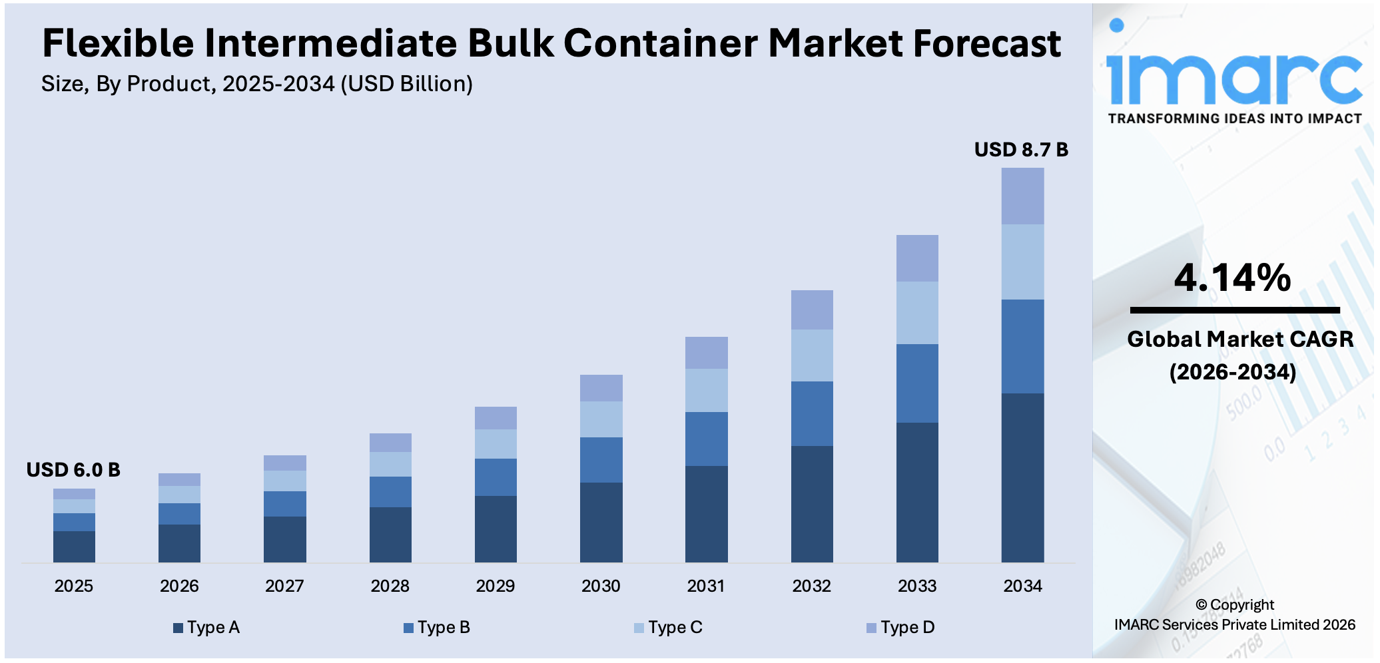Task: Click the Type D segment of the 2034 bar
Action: click(1022, 196)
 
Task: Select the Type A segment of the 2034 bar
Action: click(1022, 477)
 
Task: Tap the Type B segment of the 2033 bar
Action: click(917, 383)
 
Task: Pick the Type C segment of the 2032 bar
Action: click(812, 355)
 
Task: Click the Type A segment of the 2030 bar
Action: click(601, 522)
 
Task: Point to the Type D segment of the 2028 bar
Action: click(390, 443)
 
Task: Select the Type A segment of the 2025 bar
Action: click(74, 546)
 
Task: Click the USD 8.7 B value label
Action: click(1020, 150)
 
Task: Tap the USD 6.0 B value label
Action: click(73, 470)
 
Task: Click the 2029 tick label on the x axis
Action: click(495, 586)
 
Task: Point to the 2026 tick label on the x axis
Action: click(179, 586)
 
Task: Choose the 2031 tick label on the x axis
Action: click(706, 586)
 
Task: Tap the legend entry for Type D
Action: click(900, 627)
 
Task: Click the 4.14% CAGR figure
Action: click(1232, 278)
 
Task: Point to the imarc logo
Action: click(1233, 73)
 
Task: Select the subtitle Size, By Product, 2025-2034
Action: click(256, 84)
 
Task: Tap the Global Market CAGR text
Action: click(1239, 339)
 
